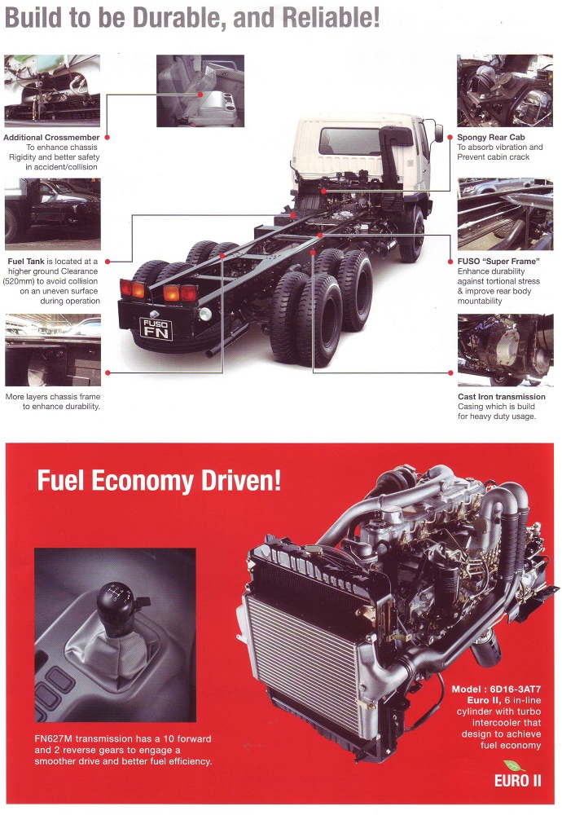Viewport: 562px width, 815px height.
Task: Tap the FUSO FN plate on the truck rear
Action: click(x=156, y=329)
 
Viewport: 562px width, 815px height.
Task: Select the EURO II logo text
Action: click(x=517, y=781)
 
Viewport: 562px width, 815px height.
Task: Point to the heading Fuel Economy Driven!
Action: click(x=159, y=480)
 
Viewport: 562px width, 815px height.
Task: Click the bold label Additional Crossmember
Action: click(x=51, y=137)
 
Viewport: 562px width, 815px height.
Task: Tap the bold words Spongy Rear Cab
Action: click(x=491, y=137)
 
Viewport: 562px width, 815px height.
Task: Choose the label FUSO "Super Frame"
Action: click(x=498, y=261)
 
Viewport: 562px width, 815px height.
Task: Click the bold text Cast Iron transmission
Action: click(x=501, y=397)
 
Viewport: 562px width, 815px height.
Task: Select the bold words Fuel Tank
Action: click(x=26, y=261)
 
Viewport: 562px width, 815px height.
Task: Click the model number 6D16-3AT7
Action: click(x=516, y=689)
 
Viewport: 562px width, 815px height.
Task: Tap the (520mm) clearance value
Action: click(x=19, y=281)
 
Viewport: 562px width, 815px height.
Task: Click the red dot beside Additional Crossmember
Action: click(x=107, y=138)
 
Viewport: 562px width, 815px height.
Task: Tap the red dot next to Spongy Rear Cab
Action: click(x=450, y=138)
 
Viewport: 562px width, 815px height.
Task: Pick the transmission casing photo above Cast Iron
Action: click(x=505, y=350)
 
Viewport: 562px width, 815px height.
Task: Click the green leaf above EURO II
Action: click(x=514, y=766)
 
